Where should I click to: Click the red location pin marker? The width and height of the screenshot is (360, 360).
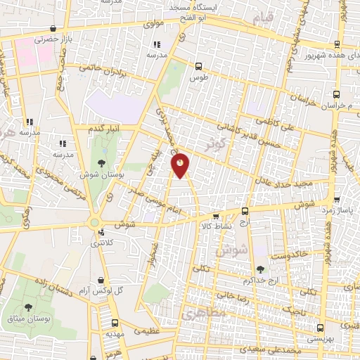click(x=181, y=165)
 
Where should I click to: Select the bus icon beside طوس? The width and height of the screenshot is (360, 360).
click(x=199, y=67)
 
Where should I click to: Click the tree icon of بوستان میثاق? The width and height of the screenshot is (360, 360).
click(x=28, y=307)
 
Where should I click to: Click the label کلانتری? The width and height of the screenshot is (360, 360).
click(x=105, y=243)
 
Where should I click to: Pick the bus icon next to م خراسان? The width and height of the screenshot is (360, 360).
click(x=336, y=94)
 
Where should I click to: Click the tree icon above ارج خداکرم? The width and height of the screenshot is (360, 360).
click(x=261, y=269)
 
